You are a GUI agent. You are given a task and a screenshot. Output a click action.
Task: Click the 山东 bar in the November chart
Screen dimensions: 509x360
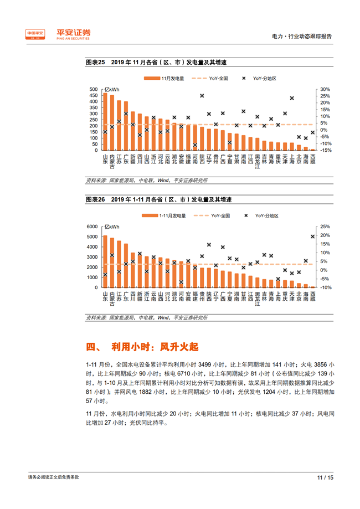pyautogui.click(x=105, y=122)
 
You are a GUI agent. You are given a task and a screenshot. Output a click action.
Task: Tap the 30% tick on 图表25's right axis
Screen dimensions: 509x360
pyautogui.click(x=325, y=89)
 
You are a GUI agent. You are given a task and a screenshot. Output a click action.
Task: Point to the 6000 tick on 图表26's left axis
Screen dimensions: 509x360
pyautogui.click(x=92, y=227)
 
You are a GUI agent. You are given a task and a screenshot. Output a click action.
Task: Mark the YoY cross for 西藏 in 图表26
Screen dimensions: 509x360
pyautogui.click(x=313, y=236)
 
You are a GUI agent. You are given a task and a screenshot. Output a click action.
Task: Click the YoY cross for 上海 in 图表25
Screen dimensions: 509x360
pyautogui.click(x=292, y=98)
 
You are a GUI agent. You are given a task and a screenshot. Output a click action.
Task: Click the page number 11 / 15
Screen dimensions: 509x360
pyautogui.click(x=325, y=477)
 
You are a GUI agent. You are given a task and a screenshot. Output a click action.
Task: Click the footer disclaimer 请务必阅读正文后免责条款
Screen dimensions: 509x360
pyautogui.click(x=53, y=477)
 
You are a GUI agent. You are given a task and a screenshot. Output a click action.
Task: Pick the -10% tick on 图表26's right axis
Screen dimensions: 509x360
pyautogui.click(x=325, y=287)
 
